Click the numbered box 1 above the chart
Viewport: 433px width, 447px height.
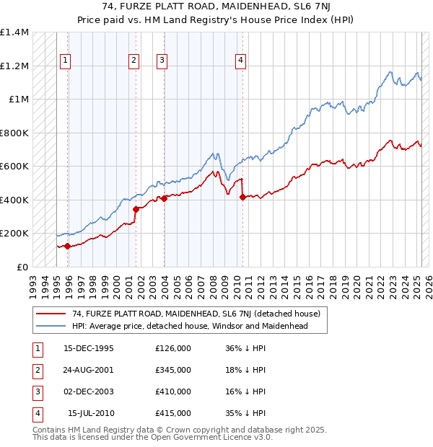(66, 61)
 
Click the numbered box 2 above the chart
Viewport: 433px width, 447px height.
(134, 61)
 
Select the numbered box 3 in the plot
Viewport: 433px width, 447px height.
(162, 61)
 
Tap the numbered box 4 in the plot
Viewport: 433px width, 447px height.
(240, 61)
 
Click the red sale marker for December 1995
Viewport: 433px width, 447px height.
(68, 246)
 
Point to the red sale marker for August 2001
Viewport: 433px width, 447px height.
(136, 209)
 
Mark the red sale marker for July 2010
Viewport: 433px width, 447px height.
(242, 198)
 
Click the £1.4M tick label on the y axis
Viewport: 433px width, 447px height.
(14, 33)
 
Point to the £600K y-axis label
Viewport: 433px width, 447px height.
(14, 167)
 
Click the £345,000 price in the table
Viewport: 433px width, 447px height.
(173, 370)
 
